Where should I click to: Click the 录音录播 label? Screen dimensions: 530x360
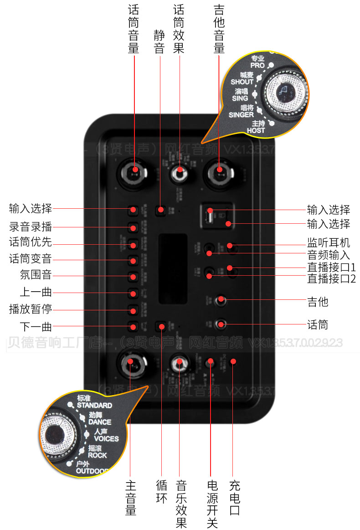point(31,226)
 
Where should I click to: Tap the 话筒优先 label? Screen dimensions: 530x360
point(31,242)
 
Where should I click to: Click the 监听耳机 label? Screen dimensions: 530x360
point(329,242)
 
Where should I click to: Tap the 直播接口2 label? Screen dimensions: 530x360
point(331,278)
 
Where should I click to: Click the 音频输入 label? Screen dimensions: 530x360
point(329,255)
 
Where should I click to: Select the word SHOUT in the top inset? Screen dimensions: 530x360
point(242,82)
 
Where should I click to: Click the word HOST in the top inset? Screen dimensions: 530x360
point(256,130)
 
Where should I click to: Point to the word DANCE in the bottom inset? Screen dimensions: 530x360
point(100,422)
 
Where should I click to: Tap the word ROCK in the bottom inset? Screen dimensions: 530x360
point(98,455)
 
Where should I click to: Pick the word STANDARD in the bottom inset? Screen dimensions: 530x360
point(94,405)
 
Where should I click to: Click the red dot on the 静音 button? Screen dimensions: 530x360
point(160,210)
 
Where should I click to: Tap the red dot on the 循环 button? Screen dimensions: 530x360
point(161,326)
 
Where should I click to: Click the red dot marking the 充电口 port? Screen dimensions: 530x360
point(233,362)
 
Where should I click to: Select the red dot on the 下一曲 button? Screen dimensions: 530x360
point(133,326)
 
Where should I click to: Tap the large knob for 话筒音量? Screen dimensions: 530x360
point(134,170)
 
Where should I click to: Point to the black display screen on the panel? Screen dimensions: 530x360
point(173,269)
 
